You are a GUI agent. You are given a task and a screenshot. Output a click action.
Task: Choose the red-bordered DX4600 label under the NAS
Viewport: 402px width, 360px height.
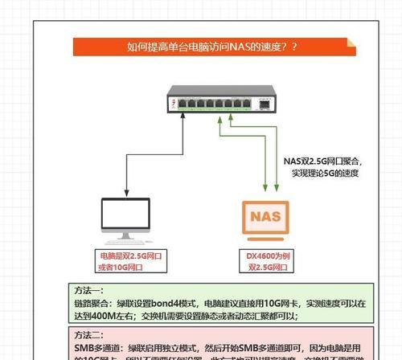click(266, 261)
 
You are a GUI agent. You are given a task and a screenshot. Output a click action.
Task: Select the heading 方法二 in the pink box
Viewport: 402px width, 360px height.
click(89, 335)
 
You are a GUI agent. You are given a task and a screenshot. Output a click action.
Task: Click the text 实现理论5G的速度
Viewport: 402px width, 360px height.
click(324, 173)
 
